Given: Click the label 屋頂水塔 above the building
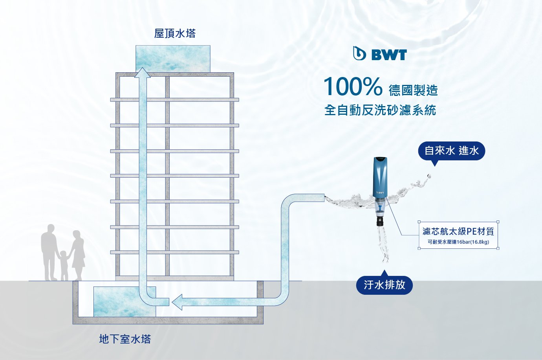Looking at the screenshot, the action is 174,33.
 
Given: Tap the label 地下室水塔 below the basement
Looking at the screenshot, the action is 125,339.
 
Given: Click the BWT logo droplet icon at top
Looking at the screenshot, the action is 359,54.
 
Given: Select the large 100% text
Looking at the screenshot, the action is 352,87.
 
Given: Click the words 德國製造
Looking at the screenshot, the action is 413,90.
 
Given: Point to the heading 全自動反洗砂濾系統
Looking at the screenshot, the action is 380,110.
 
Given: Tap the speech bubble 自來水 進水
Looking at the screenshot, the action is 451,151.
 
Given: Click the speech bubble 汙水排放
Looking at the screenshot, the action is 384,285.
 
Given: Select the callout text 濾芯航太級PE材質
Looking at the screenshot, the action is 458,231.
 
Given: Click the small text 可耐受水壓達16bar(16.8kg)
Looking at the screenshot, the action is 458,242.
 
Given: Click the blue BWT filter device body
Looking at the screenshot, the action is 380,177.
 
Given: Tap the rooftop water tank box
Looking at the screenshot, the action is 173,58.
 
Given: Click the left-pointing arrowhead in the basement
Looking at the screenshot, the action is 177,302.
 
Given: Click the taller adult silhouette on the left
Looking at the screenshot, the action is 49,252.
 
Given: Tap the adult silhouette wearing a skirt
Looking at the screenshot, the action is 78,253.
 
